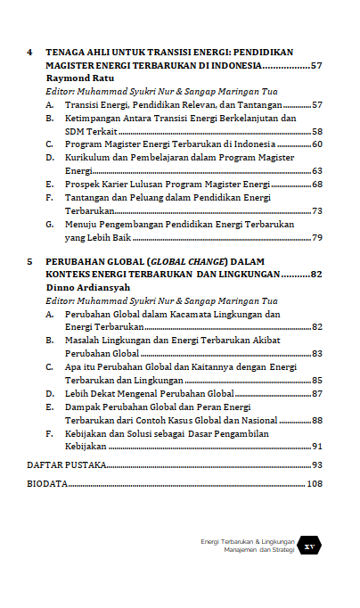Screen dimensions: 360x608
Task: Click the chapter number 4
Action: point(30,53)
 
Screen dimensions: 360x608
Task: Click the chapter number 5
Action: point(30,261)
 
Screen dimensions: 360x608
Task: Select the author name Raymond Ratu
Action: point(78,78)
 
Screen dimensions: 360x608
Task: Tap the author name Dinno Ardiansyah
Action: point(86,288)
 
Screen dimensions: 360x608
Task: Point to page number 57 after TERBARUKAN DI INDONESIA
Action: point(315,66)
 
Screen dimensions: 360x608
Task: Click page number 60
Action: point(316,144)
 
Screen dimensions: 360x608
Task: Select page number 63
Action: point(316,170)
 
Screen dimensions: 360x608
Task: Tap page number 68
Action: point(316,184)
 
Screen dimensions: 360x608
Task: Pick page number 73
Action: point(316,210)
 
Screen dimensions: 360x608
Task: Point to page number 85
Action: point(316,380)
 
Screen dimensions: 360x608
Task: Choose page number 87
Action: point(316,393)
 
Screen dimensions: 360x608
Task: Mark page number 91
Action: point(316,446)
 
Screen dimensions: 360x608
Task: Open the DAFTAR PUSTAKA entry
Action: point(67,465)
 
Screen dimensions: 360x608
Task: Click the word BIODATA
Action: point(47,484)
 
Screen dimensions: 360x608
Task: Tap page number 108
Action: point(314,484)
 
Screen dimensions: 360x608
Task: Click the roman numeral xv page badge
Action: point(310,546)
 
